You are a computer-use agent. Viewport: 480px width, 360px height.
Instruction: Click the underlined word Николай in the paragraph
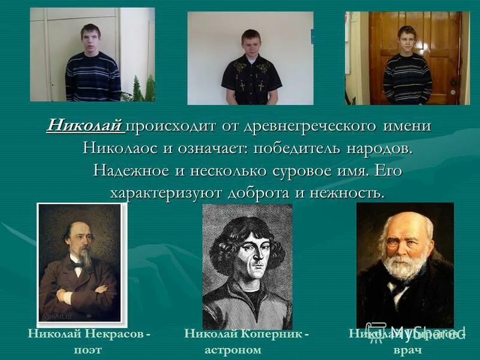[x=85, y=126]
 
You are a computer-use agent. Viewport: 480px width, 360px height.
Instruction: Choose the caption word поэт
[x=88, y=349]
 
